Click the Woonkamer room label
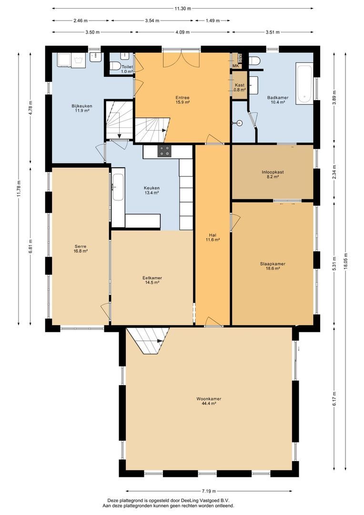[209, 399]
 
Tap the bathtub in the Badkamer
[303, 83]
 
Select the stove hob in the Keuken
[165, 151]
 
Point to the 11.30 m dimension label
[182, 9]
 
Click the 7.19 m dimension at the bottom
[209, 491]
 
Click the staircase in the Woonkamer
[148, 340]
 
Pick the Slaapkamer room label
[273, 264]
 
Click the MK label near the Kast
[235, 66]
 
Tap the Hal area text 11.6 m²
[212, 240]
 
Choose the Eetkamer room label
[152, 278]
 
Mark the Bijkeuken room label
[81, 106]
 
